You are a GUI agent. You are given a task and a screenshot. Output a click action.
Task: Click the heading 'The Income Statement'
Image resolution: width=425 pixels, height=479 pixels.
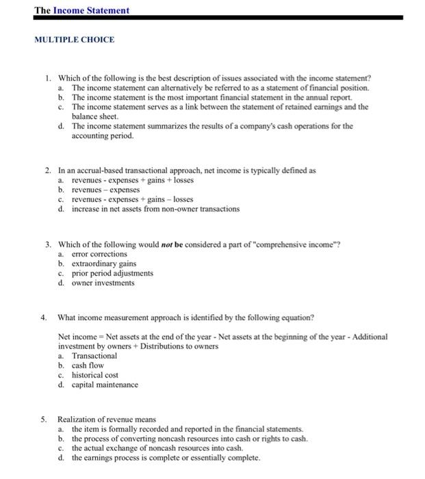[x=81, y=10]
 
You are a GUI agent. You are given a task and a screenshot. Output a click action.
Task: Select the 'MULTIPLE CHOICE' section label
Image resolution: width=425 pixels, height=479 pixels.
[x=75, y=39]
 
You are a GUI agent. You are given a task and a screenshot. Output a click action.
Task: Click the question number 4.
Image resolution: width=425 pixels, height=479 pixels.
[x=44, y=318]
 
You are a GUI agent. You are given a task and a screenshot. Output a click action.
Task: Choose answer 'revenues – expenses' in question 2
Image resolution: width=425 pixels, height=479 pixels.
[x=105, y=190]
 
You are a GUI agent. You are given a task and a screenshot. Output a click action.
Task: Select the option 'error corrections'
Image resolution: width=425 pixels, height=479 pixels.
[x=99, y=254]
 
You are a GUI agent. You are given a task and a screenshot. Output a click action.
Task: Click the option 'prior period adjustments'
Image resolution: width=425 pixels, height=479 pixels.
[x=112, y=273]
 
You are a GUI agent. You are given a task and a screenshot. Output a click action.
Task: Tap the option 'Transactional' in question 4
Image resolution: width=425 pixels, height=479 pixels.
[x=94, y=356]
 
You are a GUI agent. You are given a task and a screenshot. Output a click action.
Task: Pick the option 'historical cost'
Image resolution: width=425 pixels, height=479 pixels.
[x=95, y=375]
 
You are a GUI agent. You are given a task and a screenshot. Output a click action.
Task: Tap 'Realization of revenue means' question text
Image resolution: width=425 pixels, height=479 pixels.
[x=107, y=419]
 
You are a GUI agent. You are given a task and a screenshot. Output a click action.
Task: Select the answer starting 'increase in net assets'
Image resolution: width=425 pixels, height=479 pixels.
[x=155, y=209]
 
